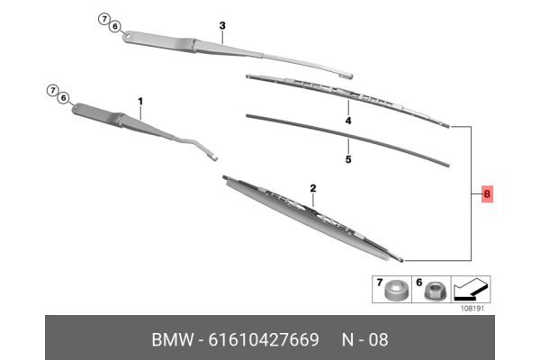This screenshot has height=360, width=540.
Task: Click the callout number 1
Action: click(140, 103)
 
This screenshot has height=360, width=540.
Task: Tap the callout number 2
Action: click(313, 188)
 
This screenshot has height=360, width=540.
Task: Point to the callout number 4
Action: click(347, 119)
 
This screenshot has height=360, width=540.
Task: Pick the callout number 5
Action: click(347, 160)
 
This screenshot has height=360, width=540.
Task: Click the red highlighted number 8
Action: click(487, 193)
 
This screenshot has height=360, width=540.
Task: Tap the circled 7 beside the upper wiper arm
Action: click(103, 19)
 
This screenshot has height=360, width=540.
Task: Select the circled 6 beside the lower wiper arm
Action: click(63, 98)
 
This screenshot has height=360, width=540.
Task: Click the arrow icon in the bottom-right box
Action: click(471, 290)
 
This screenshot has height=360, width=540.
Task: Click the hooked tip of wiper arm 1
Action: click(213, 157)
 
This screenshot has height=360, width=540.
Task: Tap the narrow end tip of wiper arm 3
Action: click(348, 76)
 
